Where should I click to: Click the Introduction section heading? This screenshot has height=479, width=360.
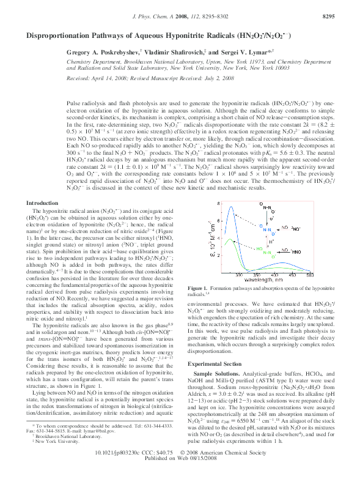(x=43, y=185)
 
